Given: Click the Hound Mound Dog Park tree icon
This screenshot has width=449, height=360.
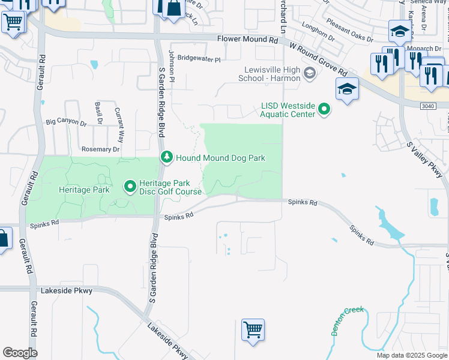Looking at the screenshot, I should pyautogui.click(x=167, y=157).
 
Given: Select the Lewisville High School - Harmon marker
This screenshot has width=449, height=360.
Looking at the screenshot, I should pyautogui.click(x=309, y=74).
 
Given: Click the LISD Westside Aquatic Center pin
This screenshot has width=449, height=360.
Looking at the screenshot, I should pyautogui.click(x=324, y=109).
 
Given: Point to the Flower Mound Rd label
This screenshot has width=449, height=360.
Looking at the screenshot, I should pyautogui.click(x=248, y=40).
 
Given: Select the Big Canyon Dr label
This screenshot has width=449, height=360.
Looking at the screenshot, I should pyautogui.click(x=67, y=121).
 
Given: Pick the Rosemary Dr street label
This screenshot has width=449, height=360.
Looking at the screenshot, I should pyautogui.click(x=100, y=149).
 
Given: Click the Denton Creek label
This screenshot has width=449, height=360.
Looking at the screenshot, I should pyautogui.click(x=347, y=321).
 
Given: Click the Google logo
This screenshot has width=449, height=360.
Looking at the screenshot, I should pyautogui.click(x=20, y=352).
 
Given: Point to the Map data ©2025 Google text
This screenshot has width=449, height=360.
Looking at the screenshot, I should pyautogui.click(x=412, y=355).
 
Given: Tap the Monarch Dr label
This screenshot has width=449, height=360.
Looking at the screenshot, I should pyautogui.click(x=424, y=49).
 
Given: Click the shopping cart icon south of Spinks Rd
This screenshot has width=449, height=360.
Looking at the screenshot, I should pyautogui.click(x=253, y=329).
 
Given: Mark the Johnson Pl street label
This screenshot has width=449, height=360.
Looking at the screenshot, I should pyautogui.click(x=171, y=62).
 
